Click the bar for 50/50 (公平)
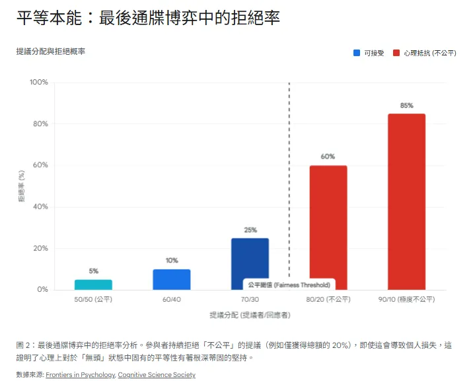pyautogui.click(x=93, y=285)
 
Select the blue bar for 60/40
pyautogui.click(x=172, y=279)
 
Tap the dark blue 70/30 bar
pyautogui.click(x=250, y=260)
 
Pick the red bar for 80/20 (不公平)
pyautogui.click(x=328, y=227)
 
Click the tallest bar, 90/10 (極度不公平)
pyautogui.click(x=406, y=201)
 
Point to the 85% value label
pyautogui.click(x=406, y=106)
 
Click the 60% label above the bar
pyautogui.click(x=328, y=156)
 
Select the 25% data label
pyautogui.click(x=250, y=230)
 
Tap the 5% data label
pyautogui.click(x=94, y=271)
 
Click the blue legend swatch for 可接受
pyautogui.click(x=357, y=52)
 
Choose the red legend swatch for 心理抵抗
pyautogui.click(x=396, y=52)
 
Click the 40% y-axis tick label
pyautogui.click(x=41, y=207)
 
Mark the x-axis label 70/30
pyautogui.click(x=250, y=299)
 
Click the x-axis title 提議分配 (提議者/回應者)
pyautogui.click(x=249, y=315)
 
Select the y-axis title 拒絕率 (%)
pyautogui.click(x=22, y=186)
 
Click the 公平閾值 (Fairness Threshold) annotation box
pyautogui.click(x=289, y=285)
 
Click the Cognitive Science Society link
pyautogui.click(x=157, y=375)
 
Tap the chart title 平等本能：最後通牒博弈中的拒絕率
pyautogui.click(x=148, y=18)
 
